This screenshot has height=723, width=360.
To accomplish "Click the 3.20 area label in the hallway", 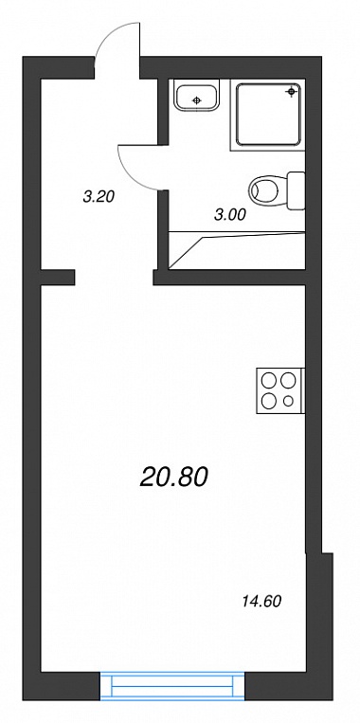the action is (99, 197).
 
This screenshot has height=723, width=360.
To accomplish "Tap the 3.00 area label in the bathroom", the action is (230, 214).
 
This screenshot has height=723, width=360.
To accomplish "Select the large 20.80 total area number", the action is (173, 477).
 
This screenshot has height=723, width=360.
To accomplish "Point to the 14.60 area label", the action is (261, 602).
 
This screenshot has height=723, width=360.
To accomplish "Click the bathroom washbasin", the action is (197, 96).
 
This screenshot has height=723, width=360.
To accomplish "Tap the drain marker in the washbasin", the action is (197, 100).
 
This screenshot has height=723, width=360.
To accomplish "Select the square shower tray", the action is (268, 115).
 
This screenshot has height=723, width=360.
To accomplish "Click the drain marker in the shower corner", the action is (291, 92).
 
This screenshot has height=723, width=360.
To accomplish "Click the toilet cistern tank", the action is (296, 190).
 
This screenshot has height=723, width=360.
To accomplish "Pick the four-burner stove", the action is (279, 390).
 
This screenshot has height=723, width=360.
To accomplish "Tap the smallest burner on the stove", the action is (289, 401).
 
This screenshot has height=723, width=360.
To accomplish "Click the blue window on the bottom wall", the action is (172, 687).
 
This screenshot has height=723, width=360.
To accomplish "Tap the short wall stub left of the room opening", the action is (58, 277).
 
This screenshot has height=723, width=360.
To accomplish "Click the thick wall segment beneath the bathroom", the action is (229, 277).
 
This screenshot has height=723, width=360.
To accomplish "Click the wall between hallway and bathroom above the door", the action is (163, 112).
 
